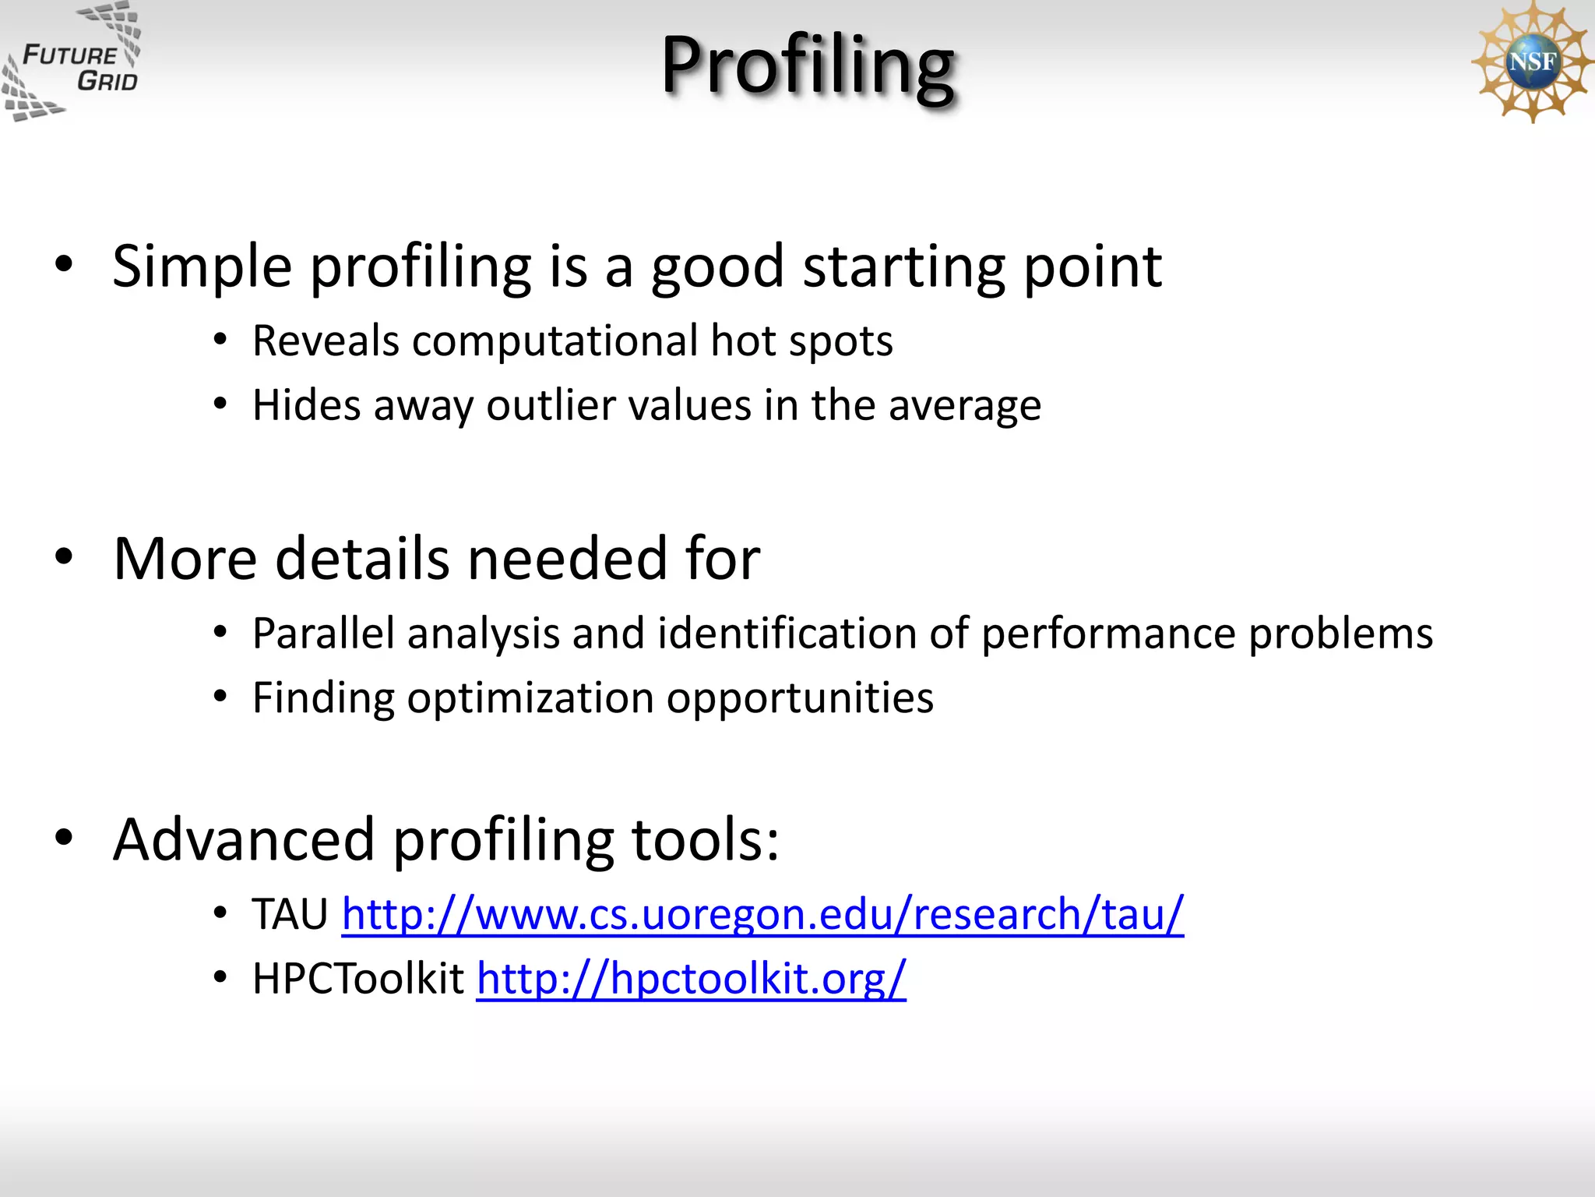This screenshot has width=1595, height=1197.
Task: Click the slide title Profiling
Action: pos(808,65)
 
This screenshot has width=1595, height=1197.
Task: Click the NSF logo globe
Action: pos(1531,61)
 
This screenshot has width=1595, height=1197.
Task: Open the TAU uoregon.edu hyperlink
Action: pos(762,913)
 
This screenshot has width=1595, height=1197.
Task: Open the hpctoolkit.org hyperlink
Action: pos(691,978)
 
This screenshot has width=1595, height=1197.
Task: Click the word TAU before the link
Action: pos(290,913)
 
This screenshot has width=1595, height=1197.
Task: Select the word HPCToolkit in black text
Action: pos(358,978)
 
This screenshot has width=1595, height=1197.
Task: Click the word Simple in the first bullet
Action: pos(202,267)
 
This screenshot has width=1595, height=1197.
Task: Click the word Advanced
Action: pos(243,840)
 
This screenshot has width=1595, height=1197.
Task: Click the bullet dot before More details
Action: pos(64,556)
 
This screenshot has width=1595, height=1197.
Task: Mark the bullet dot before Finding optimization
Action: pos(220,696)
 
